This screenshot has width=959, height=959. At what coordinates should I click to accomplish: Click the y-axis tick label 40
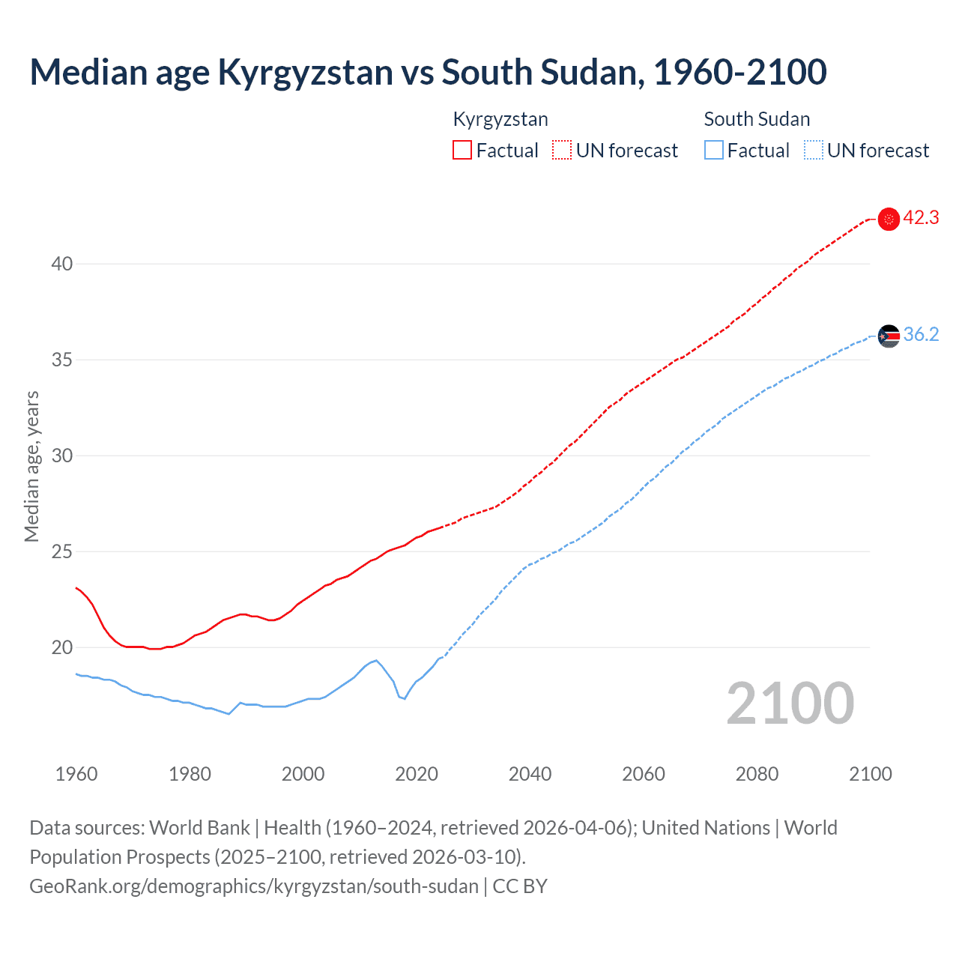tap(62, 264)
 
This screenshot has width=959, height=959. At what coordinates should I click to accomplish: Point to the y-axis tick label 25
tap(62, 551)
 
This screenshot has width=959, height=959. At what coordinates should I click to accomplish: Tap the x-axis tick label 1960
tap(76, 774)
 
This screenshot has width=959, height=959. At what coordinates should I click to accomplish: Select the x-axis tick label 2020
tap(417, 774)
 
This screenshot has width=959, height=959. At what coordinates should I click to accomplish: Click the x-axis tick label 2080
tap(757, 774)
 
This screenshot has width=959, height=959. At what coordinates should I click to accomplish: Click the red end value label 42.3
tap(921, 218)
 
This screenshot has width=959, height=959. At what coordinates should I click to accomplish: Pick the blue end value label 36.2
tap(921, 335)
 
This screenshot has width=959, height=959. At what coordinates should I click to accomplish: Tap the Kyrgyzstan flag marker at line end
tap(889, 219)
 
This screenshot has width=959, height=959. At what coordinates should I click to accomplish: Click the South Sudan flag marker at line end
tap(889, 336)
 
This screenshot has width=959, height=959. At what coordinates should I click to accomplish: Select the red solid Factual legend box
tap(462, 151)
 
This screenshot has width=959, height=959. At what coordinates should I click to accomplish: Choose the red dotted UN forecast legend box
tap(562, 151)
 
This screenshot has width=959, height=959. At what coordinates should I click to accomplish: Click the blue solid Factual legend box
tap(714, 151)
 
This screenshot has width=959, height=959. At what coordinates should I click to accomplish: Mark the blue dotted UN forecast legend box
tap(814, 151)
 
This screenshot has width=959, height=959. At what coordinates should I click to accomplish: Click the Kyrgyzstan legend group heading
tap(500, 119)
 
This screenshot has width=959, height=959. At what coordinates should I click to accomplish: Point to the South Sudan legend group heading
tap(757, 119)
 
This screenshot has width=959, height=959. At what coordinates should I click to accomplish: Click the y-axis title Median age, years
tap(31, 466)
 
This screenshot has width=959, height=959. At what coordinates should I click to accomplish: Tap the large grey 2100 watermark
tap(790, 704)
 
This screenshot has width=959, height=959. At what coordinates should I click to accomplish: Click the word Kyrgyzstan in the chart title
tap(305, 72)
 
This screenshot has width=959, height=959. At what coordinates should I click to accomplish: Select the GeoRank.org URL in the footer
tap(254, 886)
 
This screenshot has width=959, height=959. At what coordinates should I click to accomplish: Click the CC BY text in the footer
tap(520, 886)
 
